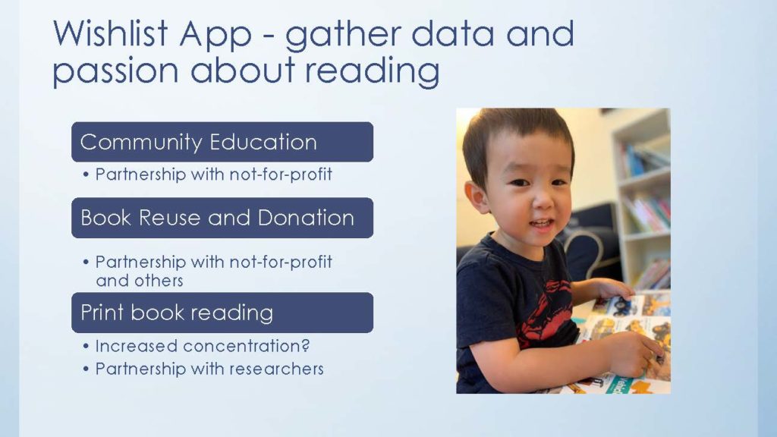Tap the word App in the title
pos(216,36)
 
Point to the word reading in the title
pos(372,71)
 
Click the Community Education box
pos(222,142)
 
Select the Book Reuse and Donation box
pos(222,218)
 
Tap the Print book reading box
pos(222,313)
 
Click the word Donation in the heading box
pos(306,218)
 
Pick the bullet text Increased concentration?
pos(202,346)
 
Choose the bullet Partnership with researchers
pos(209,369)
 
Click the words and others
pos(140,281)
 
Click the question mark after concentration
pos(305,345)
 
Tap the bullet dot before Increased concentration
pos(87,346)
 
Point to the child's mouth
pos(540,225)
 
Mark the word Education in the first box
pos(263,142)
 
